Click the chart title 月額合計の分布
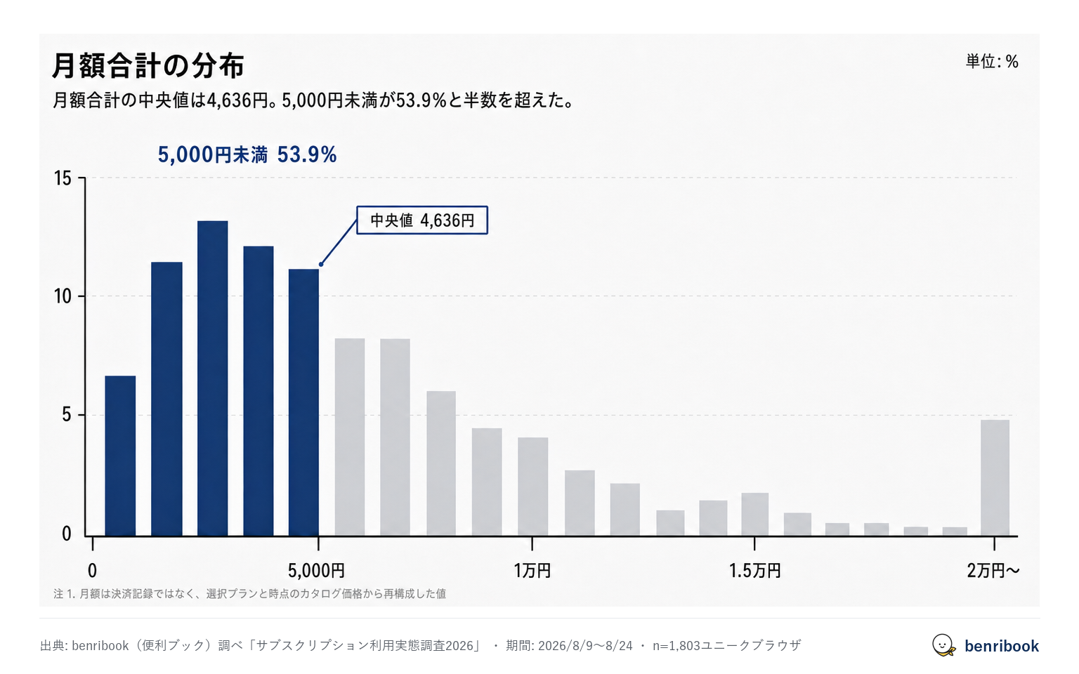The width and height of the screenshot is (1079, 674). click(148, 65)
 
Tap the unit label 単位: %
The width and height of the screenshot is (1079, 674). click(992, 62)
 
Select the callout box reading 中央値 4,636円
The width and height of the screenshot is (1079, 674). click(422, 220)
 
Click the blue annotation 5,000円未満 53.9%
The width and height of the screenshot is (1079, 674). click(247, 154)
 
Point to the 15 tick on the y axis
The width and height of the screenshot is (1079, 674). click(63, 178)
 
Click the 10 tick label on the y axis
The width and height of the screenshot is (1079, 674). click(63, 296)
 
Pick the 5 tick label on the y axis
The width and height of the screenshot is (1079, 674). click(67, 415)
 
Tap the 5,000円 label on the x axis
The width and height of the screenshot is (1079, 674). click(317, 571)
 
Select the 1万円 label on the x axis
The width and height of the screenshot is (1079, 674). click(532, 571)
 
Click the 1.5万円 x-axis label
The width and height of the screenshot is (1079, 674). click(755, 571)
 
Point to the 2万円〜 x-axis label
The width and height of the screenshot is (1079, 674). click(993, 571)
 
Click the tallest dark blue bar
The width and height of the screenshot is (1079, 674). click(212, 378)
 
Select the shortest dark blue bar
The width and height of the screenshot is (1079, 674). click(120, 456)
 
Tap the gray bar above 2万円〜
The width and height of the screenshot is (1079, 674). click(995, 478)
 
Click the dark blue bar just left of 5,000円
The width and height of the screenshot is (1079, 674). click(303, 402)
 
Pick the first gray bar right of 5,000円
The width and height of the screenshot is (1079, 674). click(350, 437)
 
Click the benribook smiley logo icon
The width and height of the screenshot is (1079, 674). click(943, 645)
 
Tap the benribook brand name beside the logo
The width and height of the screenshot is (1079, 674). click(1002, 646)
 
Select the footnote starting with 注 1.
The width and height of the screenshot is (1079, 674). click(249, 594)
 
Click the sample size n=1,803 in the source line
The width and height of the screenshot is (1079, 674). click(676, 646)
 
